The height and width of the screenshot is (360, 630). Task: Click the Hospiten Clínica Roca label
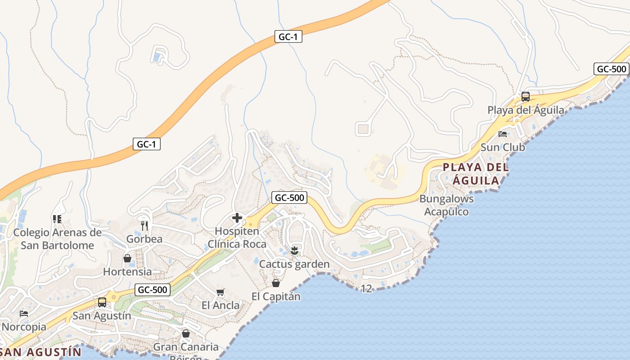237,238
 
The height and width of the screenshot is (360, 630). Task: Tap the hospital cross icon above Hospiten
237,218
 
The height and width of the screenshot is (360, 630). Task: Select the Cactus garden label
294,264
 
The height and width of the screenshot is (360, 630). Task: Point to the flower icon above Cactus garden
294,251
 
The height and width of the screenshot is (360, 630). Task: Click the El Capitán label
276,297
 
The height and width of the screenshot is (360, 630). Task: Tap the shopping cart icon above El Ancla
220,292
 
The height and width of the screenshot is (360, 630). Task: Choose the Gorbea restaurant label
144,238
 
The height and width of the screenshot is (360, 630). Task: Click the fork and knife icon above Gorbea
144,225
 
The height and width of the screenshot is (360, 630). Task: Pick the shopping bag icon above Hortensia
127,258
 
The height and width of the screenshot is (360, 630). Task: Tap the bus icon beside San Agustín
102,302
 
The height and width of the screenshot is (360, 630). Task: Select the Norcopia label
24,326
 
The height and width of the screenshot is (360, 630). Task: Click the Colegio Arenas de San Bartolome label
57,239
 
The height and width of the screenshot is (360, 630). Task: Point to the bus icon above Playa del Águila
525,96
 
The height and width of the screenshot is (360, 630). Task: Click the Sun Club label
503,147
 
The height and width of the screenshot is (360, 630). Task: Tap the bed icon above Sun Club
503,134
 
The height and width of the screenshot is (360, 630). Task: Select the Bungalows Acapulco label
446,205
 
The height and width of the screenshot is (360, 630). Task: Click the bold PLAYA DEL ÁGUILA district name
476,174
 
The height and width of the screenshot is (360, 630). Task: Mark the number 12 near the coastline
367,289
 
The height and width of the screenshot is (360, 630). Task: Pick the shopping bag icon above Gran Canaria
185,333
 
